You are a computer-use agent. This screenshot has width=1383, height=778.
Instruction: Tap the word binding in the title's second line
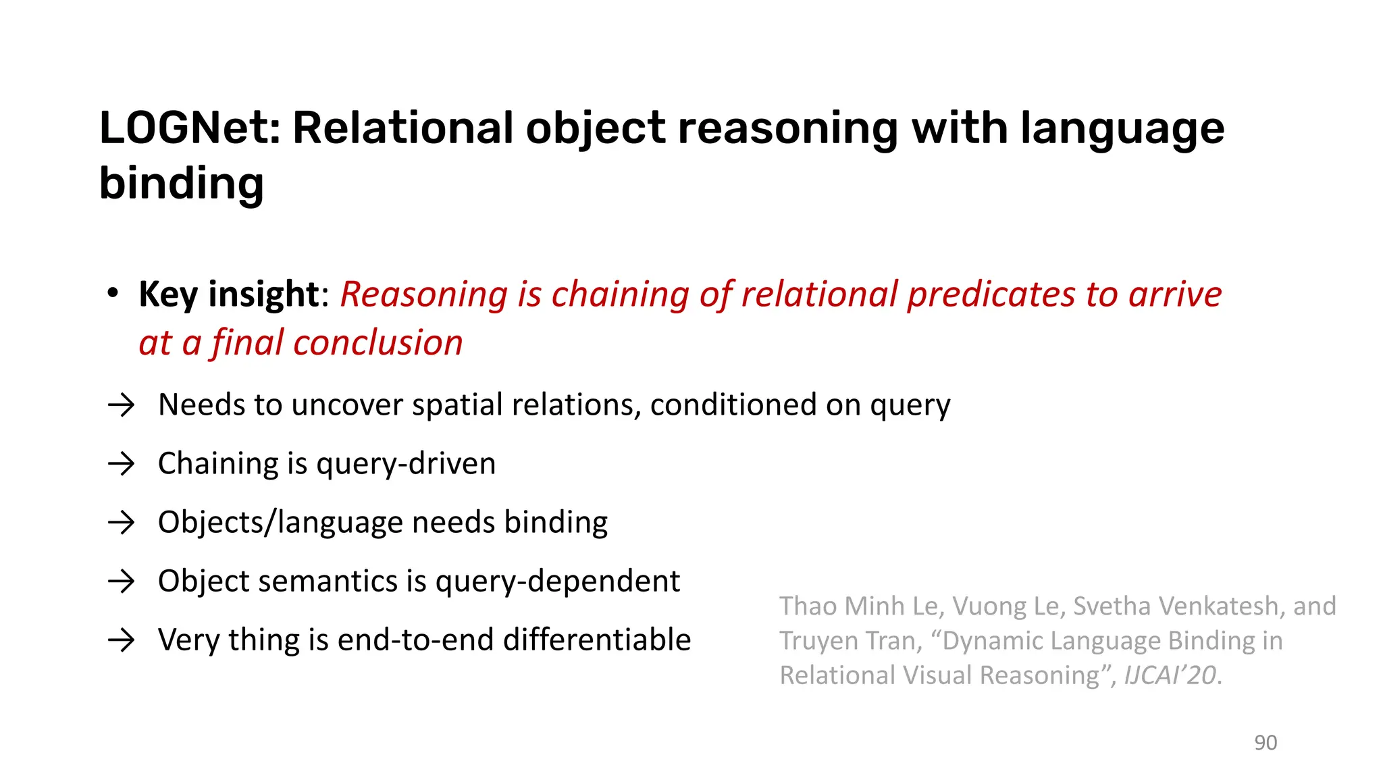click(181, 184)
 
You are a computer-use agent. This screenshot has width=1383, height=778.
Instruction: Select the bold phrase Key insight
click(228, 294)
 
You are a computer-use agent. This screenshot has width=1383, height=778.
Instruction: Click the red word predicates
click(991, 294)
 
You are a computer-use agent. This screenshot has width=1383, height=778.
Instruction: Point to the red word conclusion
click(378, 343)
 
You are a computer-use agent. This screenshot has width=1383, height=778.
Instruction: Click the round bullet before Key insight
click(113, 294)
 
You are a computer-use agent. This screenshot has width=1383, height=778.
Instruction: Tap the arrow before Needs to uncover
click(122, 406)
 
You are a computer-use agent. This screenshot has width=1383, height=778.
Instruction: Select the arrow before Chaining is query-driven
click(122, 465)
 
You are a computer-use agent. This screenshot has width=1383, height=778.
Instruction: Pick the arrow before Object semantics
click(122, 581)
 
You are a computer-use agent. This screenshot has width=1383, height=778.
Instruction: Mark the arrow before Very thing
click(122, 640)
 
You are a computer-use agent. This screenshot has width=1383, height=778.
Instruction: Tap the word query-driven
click(405, 465)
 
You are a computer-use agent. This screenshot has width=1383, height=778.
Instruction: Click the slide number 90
click(1265, 743)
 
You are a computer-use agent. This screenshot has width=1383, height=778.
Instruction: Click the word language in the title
click(1122, 128)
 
